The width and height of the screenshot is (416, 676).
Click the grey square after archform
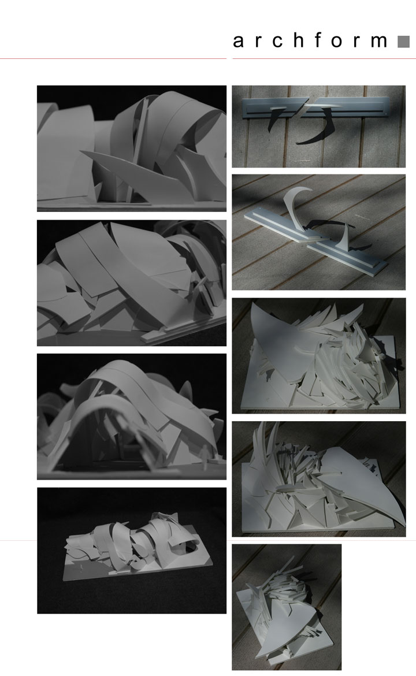coord(403,42)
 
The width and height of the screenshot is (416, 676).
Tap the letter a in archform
coord(238,42)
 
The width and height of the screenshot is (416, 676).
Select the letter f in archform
coord(318,40)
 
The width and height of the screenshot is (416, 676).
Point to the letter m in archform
coord(379,42)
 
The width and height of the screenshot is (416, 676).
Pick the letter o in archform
coord(337,42)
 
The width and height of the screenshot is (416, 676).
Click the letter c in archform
coord(277,42)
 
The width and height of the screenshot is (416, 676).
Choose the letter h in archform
coord(298,40)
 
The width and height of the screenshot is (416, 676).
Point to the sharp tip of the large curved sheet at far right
coord(404,525)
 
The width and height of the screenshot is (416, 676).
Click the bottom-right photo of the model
coord(287,607)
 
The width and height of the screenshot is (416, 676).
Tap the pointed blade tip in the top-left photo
coord(81,152)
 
